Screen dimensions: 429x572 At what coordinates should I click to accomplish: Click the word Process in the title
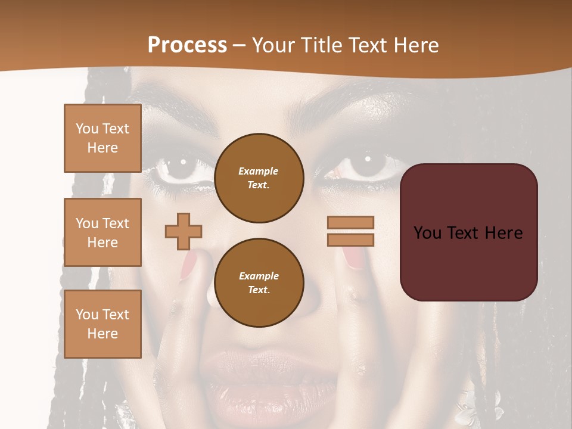tap(187, 45)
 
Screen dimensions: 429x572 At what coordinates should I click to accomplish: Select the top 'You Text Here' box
tap(102, 138)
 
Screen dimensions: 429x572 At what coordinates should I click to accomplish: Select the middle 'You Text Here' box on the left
tap(102, 232)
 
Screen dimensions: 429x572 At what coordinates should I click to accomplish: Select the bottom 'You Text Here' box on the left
tap(102, 324)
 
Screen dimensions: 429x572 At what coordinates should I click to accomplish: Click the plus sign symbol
tap(184, 231)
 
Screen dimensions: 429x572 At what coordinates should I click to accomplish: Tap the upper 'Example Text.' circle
tap(259, 178)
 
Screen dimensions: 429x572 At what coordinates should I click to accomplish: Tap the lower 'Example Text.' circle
tap(259, 283)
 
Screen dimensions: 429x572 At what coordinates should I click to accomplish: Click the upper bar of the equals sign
tap(350, 222)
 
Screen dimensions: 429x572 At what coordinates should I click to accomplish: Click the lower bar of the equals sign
tap(350, 240)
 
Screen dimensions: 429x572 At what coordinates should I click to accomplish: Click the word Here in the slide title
tap(414, 45)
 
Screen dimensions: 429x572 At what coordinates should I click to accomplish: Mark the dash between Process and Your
tap(239, 46)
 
